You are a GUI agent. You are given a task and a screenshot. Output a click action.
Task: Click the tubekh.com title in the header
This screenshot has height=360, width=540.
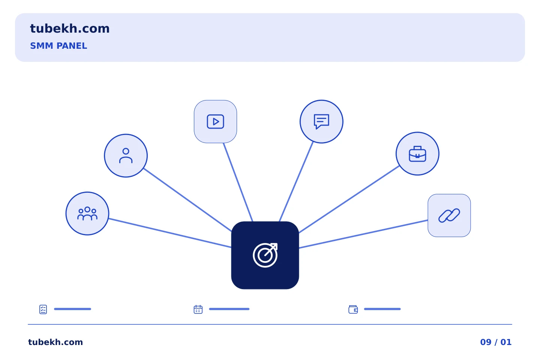(x=70, y=28)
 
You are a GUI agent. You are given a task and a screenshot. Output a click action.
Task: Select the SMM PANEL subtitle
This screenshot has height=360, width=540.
(x=58, y=46)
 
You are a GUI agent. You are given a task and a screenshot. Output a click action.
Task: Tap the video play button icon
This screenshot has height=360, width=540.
(x=216, y=121)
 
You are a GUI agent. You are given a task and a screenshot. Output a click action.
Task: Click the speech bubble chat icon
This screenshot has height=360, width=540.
(x=322, y=121)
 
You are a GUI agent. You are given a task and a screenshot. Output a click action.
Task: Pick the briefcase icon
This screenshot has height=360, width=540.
(x=417, y=154)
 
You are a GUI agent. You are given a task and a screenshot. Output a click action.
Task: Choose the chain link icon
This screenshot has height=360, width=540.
(x=449, y=216)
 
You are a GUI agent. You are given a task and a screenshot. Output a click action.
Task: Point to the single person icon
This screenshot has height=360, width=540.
(x=126, y=156)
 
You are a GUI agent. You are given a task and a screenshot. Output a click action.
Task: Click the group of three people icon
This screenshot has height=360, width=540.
(x=87, y=214)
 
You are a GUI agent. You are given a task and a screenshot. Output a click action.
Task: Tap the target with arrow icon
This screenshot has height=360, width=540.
(x=265, y=255)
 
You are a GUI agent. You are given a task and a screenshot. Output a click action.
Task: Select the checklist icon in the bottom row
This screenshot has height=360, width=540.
(x=43, y=309)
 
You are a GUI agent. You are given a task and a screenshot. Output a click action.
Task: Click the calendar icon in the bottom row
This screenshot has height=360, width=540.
(x=198, y=309)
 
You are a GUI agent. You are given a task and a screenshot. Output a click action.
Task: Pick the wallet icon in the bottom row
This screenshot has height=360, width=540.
(x=353, y=309)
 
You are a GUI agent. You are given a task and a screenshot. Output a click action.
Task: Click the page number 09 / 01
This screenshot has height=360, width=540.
(x=496, y=342)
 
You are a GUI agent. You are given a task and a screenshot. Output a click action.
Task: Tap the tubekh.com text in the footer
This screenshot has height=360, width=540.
(x=55, y=342)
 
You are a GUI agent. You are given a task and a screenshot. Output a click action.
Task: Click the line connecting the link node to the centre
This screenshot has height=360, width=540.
(x=363, y=234)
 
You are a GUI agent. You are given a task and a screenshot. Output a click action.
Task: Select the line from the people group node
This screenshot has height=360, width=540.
(x=170, y=233)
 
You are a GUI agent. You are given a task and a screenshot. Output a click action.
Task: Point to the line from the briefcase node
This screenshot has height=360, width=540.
(x=349, y=199)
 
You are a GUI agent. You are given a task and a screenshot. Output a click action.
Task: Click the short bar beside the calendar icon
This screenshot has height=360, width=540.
(x=229, y=309)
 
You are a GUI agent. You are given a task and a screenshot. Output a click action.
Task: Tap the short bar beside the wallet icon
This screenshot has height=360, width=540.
(x=382, y=309)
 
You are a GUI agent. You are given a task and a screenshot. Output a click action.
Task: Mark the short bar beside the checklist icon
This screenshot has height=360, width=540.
(x=73, y=309)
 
